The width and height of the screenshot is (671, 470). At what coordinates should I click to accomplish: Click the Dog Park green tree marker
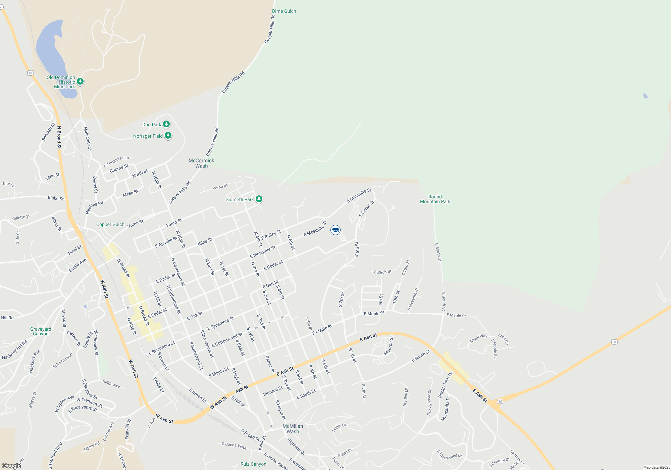[166, 124]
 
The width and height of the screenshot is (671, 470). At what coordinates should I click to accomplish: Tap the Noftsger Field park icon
[168, 136]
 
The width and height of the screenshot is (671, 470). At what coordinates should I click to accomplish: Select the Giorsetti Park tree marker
[259, 199]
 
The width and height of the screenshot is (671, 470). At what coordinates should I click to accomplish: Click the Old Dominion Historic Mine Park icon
[80, 81]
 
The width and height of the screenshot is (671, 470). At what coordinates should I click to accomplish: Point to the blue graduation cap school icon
[335, 230]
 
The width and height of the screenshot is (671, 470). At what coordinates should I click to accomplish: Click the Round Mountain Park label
[435, 199]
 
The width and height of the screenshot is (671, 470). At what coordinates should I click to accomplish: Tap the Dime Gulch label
[284, 11]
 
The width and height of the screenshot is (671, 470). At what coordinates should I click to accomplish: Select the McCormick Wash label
[201, 163]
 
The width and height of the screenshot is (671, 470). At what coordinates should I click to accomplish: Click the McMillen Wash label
[293, 429]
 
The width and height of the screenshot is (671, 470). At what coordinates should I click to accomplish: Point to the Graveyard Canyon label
[41, 331]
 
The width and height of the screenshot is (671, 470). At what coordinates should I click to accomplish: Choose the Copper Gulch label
[110, 224]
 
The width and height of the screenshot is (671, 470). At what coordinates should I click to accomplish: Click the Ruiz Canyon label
[253, 464]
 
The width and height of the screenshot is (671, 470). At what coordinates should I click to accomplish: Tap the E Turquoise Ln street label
[116, 161]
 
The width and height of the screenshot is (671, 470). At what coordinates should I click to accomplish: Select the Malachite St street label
[87, 139]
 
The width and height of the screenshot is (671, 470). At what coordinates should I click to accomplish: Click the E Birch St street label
[382, 272]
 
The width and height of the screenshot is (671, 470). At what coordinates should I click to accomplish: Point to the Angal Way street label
[478, 338]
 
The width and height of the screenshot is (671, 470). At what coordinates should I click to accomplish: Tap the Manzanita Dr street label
[445, 408]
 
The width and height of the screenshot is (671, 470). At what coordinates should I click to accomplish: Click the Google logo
[11, 466]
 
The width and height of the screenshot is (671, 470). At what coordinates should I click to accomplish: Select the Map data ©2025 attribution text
[656, 467]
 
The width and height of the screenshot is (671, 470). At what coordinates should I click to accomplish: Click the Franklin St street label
[128, 429]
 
